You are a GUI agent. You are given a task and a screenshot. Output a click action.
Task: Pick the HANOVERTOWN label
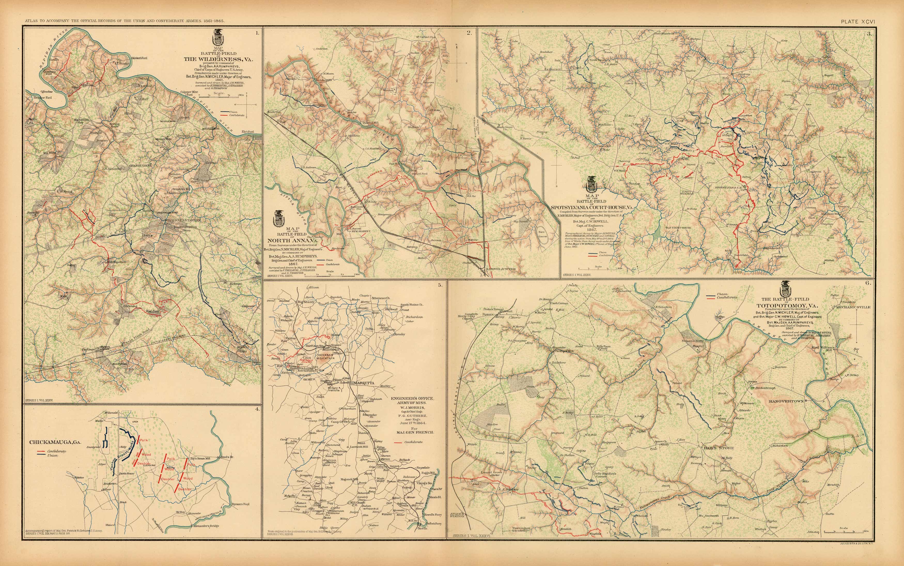786,401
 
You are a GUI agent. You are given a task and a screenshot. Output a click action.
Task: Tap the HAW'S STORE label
718,448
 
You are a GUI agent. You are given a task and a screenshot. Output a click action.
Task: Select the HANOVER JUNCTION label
501,269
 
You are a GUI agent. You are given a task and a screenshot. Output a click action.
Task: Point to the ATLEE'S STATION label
457,515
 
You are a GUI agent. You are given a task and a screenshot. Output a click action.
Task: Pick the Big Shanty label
306,301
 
